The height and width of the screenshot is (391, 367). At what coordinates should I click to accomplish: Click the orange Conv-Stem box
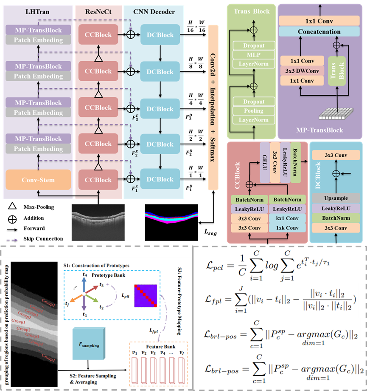38,180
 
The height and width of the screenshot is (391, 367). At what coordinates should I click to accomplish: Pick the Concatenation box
319,31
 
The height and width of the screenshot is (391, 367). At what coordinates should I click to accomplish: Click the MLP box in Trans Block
254,54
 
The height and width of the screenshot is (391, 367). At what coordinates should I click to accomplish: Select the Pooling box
254,111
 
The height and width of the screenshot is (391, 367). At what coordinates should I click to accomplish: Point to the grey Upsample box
336,198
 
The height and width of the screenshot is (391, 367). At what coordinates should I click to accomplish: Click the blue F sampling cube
88,345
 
